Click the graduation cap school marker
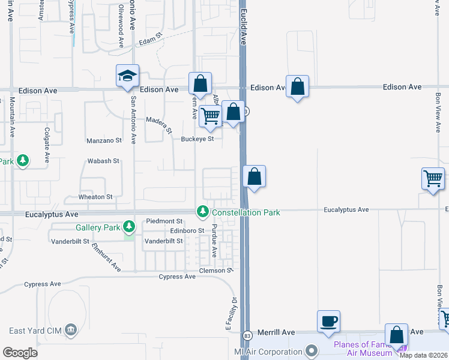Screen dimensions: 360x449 (128, 76)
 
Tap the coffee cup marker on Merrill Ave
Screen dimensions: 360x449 (328, 321)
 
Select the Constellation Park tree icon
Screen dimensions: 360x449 (203, 212)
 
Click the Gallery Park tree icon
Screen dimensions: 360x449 (128, 227)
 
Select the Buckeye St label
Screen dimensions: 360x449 (197, 139)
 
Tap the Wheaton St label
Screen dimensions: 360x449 (95, 197)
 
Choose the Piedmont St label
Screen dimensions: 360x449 (164, 221)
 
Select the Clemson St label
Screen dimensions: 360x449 (217, 271)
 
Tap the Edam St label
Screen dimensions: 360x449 (151, 41)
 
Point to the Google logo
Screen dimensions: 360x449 (20, 353)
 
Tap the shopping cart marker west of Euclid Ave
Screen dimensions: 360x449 (210, 116)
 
